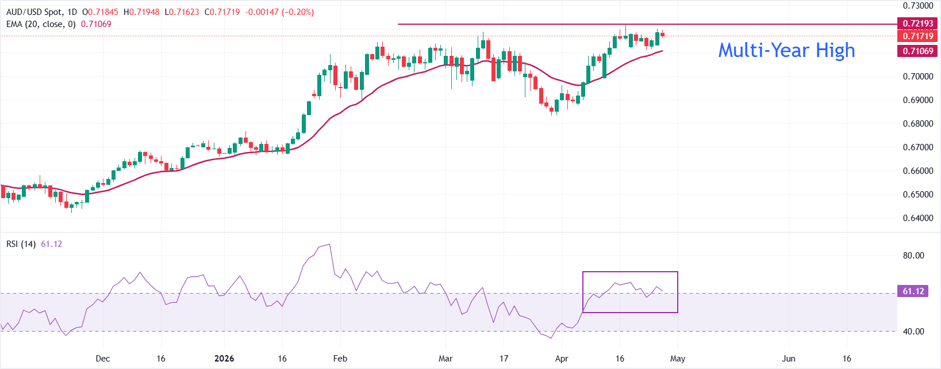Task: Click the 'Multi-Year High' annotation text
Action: click(x=786, y=51)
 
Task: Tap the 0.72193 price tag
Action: click(x=917, y=24)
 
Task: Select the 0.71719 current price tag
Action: click(x=917, y=36)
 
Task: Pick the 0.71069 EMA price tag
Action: click(x=917, y=51)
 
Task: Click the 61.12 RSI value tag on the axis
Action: click(x=913, y=291)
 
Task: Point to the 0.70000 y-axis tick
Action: click(x=917, y=76)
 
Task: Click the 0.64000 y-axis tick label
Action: click(x=917, y=218)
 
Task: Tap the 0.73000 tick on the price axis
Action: click(x=917, y=6)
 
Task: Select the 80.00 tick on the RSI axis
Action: click(x=913, y=256)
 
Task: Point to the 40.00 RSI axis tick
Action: click(x=913, y=332)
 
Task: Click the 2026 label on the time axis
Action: click(x=224, y=359)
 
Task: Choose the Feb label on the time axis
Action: click(x=340, y=359)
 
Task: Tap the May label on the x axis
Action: click(x=678, y=359)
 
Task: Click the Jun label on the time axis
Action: click(x=789, y=359)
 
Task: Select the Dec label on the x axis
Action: click(x=103, y=359)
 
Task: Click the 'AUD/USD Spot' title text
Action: click(x=33, y=12)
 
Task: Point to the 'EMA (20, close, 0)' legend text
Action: click(x=41, y=24)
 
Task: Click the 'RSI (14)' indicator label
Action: click(x=21, y=244)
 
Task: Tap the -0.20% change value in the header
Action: click(x=298, y=12)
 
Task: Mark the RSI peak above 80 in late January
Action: click(x=329, y=245)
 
